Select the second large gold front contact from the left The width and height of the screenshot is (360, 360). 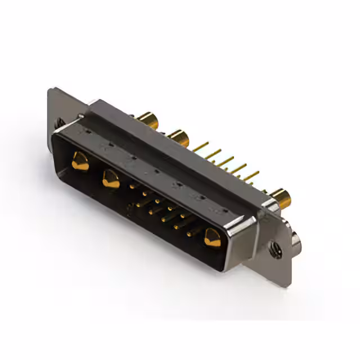(x=110, y=179)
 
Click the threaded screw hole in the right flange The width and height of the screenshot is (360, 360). (x=275, y=248)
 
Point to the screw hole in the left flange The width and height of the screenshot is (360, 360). (x=59, y=121)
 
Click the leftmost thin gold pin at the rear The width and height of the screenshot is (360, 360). (x=200, y=147)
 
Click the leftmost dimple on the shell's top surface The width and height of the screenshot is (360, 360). (x=87, y=131)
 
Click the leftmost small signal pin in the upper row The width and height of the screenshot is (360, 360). (x=132, y=186)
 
